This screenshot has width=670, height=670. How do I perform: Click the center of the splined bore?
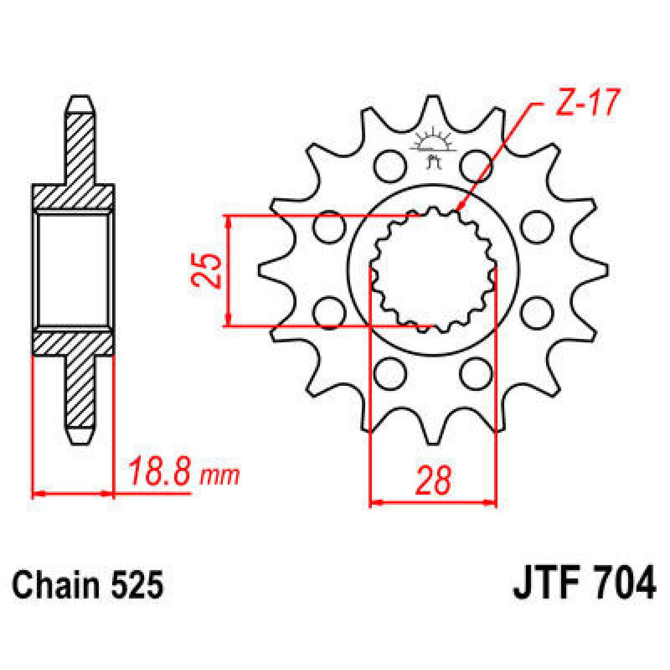coord(433,271)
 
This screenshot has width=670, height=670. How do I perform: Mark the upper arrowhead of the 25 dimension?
coord(228,220)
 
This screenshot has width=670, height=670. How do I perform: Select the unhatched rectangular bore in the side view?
coord(73,270)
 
